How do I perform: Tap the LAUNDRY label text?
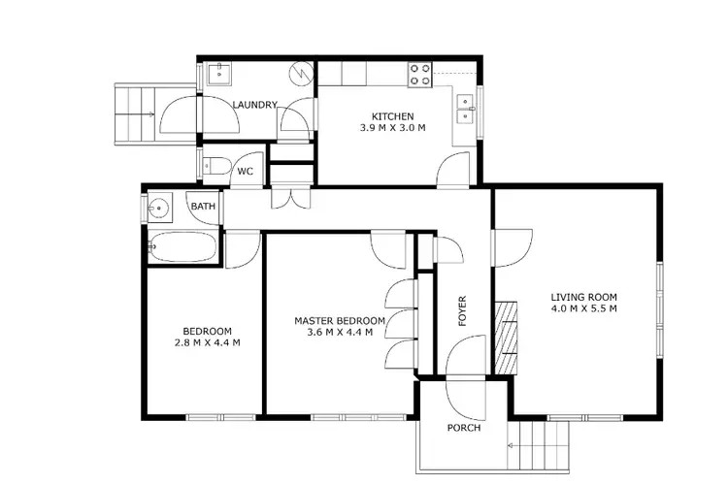point(255,105)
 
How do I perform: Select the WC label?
point(246,172)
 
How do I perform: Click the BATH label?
point(203,207)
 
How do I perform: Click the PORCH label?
point(463,428)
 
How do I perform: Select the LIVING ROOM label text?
point(583,297)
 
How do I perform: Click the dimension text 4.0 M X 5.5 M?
point(583,309)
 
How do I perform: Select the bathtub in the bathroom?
point(182,248)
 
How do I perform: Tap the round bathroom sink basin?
point(158,208)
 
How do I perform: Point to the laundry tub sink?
point(218,71)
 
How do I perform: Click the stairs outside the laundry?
point(136,114)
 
